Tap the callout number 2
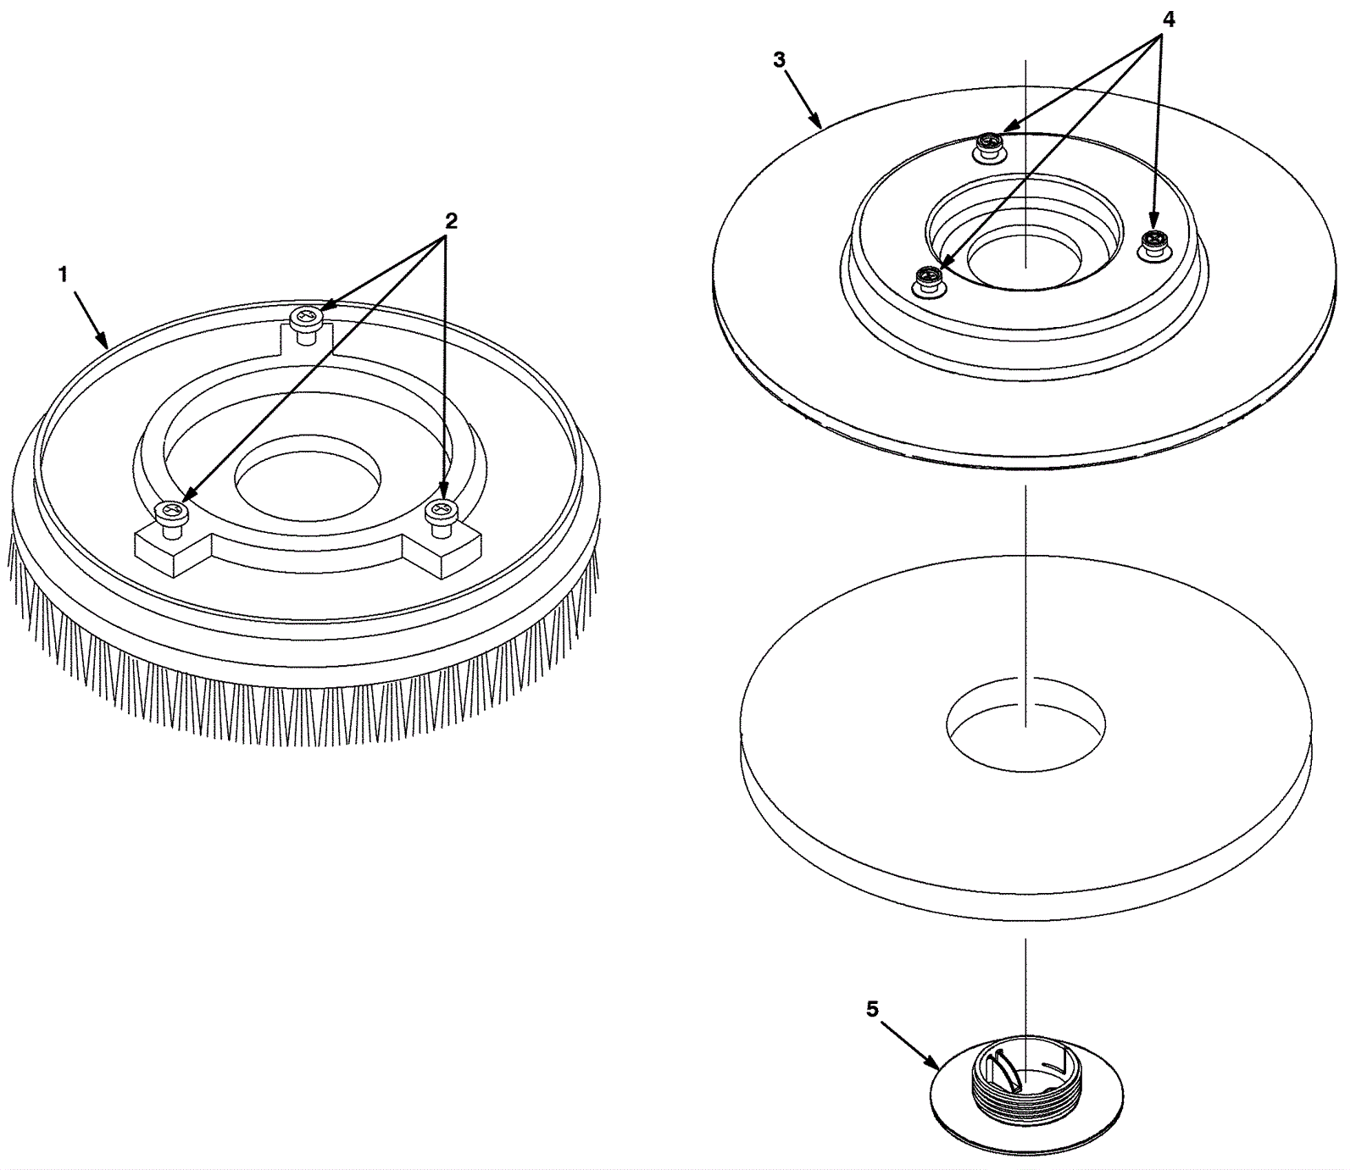point(451,221)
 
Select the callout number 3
point(780,60)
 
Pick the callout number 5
point(873,1009)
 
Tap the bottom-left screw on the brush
point(172,518)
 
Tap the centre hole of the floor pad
point(1025,724)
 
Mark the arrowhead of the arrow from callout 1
point(104,342)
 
